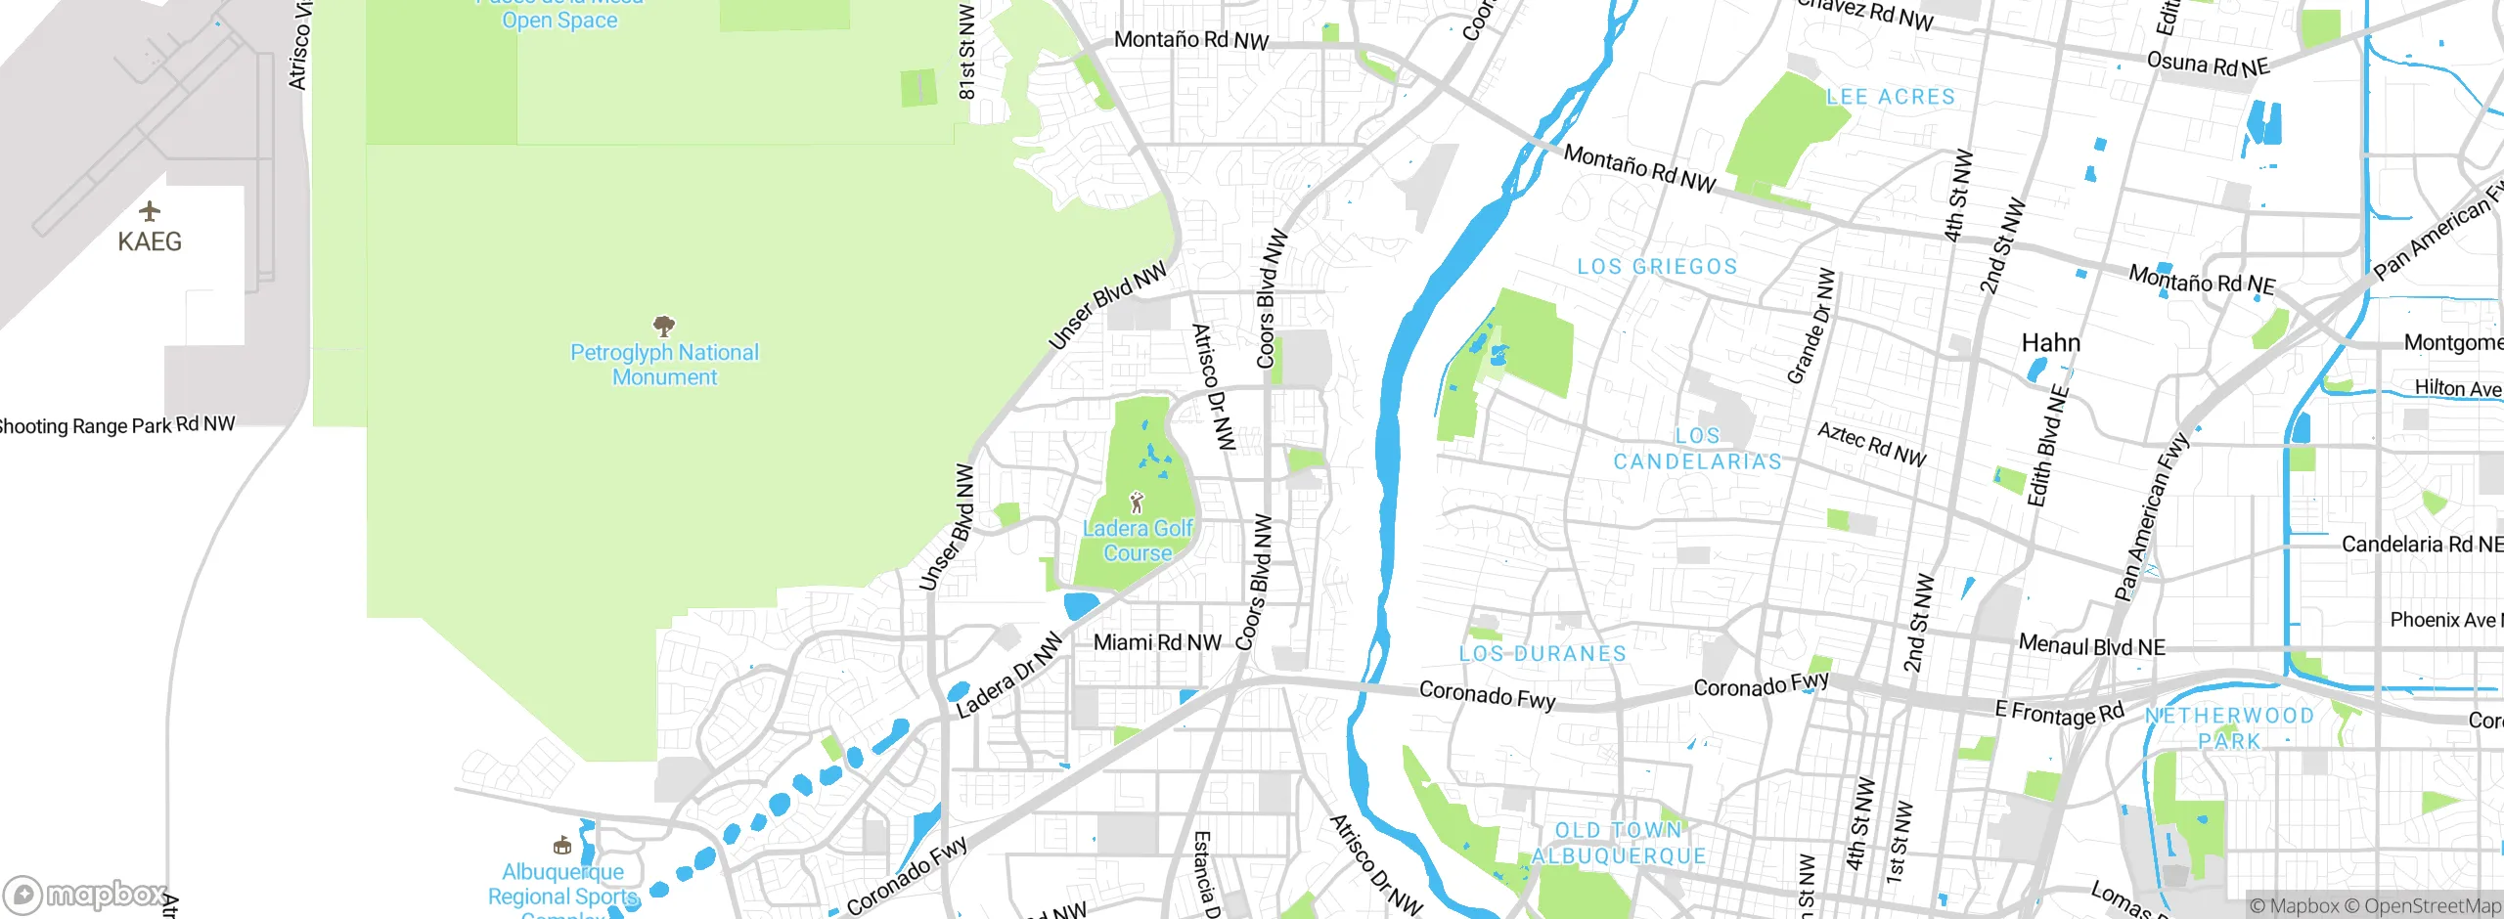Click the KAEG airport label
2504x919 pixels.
pos(150,241)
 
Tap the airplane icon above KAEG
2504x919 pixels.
pos(150,210)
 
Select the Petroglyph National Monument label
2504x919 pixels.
pos(664,365)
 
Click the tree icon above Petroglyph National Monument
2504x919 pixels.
pos(664,325)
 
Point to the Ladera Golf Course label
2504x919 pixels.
pos(1138,541)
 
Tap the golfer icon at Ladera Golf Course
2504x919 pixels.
pos(1137,503)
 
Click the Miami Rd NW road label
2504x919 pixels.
pos(1157,642)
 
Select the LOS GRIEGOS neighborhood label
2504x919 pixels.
pos(1657,266)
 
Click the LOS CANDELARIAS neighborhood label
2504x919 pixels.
pos(1697,449)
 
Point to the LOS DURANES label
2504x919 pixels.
pos(1543,653)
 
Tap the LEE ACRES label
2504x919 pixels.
pos(1891,97)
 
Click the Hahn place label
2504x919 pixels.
pos(2051,343)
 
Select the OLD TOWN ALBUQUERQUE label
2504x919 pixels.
pos(1619,844)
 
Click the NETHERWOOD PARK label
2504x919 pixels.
pos(2229,728)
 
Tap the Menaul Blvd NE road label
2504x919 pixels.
pos(2092,645)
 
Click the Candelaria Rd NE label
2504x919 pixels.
pos(2421,545)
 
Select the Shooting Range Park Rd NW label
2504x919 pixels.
pos(115,425)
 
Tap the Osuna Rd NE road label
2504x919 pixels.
pos(2208,65)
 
